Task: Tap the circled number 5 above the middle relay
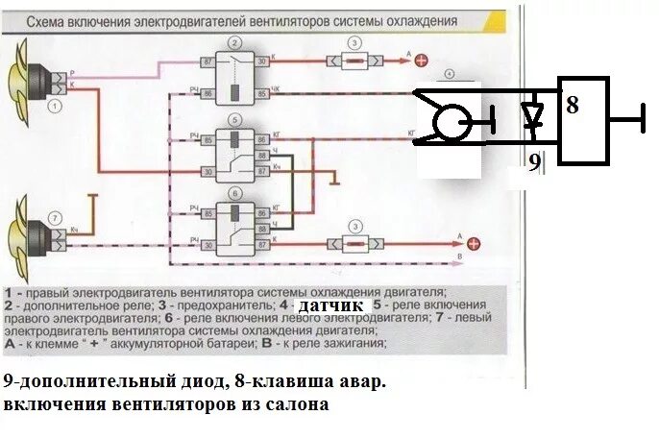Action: click(234, 119)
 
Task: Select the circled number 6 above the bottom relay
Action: click(234, 192)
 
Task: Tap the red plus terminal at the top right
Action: click(422, 61)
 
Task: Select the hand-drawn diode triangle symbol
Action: click(531, 114)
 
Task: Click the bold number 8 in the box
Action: click(573, 105)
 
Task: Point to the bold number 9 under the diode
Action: click(534, 162)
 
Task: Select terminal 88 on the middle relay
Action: click(260, 154)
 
